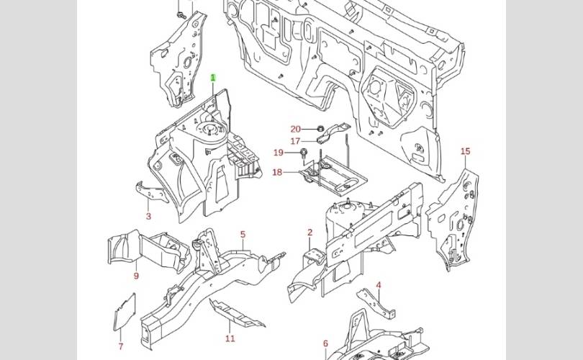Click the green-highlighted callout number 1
(x=213, y=78)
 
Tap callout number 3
(x=148, y=216)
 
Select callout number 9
(x=135, y=276)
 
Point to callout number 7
(x=120, y=346)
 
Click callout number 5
(x=243, y=235)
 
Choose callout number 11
(x=230, y=338)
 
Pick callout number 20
(x=295, y=130)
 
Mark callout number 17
(x=295, y=141)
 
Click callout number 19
(x=279, y=153)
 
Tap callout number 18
(x=277, y=172)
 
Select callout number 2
(x=310, y=233)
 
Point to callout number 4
(x=379, y=285)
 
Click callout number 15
(x=466, y=151)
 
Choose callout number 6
(x=325, y=343)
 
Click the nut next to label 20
(x=320, y=130)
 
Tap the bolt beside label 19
(x=304, y=153)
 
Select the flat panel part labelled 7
(x=125, y=311)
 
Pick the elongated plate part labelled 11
(x=235, y=315)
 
